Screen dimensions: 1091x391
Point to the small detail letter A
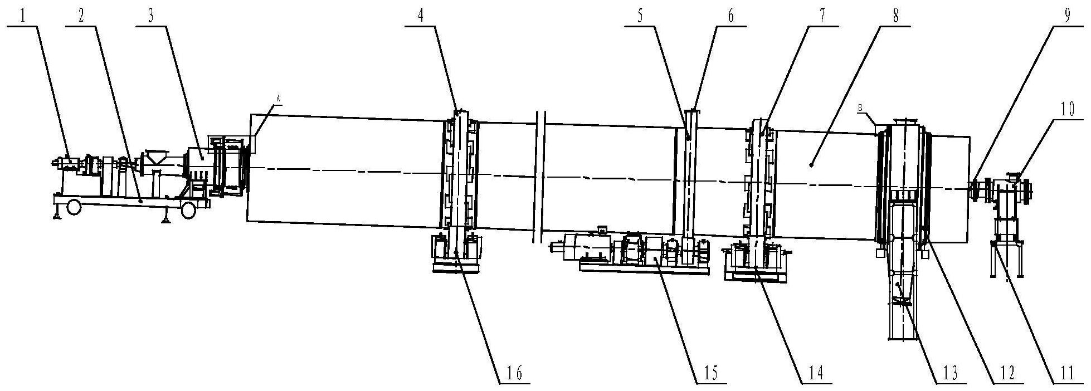(x=279, y=97)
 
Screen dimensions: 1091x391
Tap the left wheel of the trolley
(x=73, y=208)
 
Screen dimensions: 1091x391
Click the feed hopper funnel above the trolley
(x=157, y=157)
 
